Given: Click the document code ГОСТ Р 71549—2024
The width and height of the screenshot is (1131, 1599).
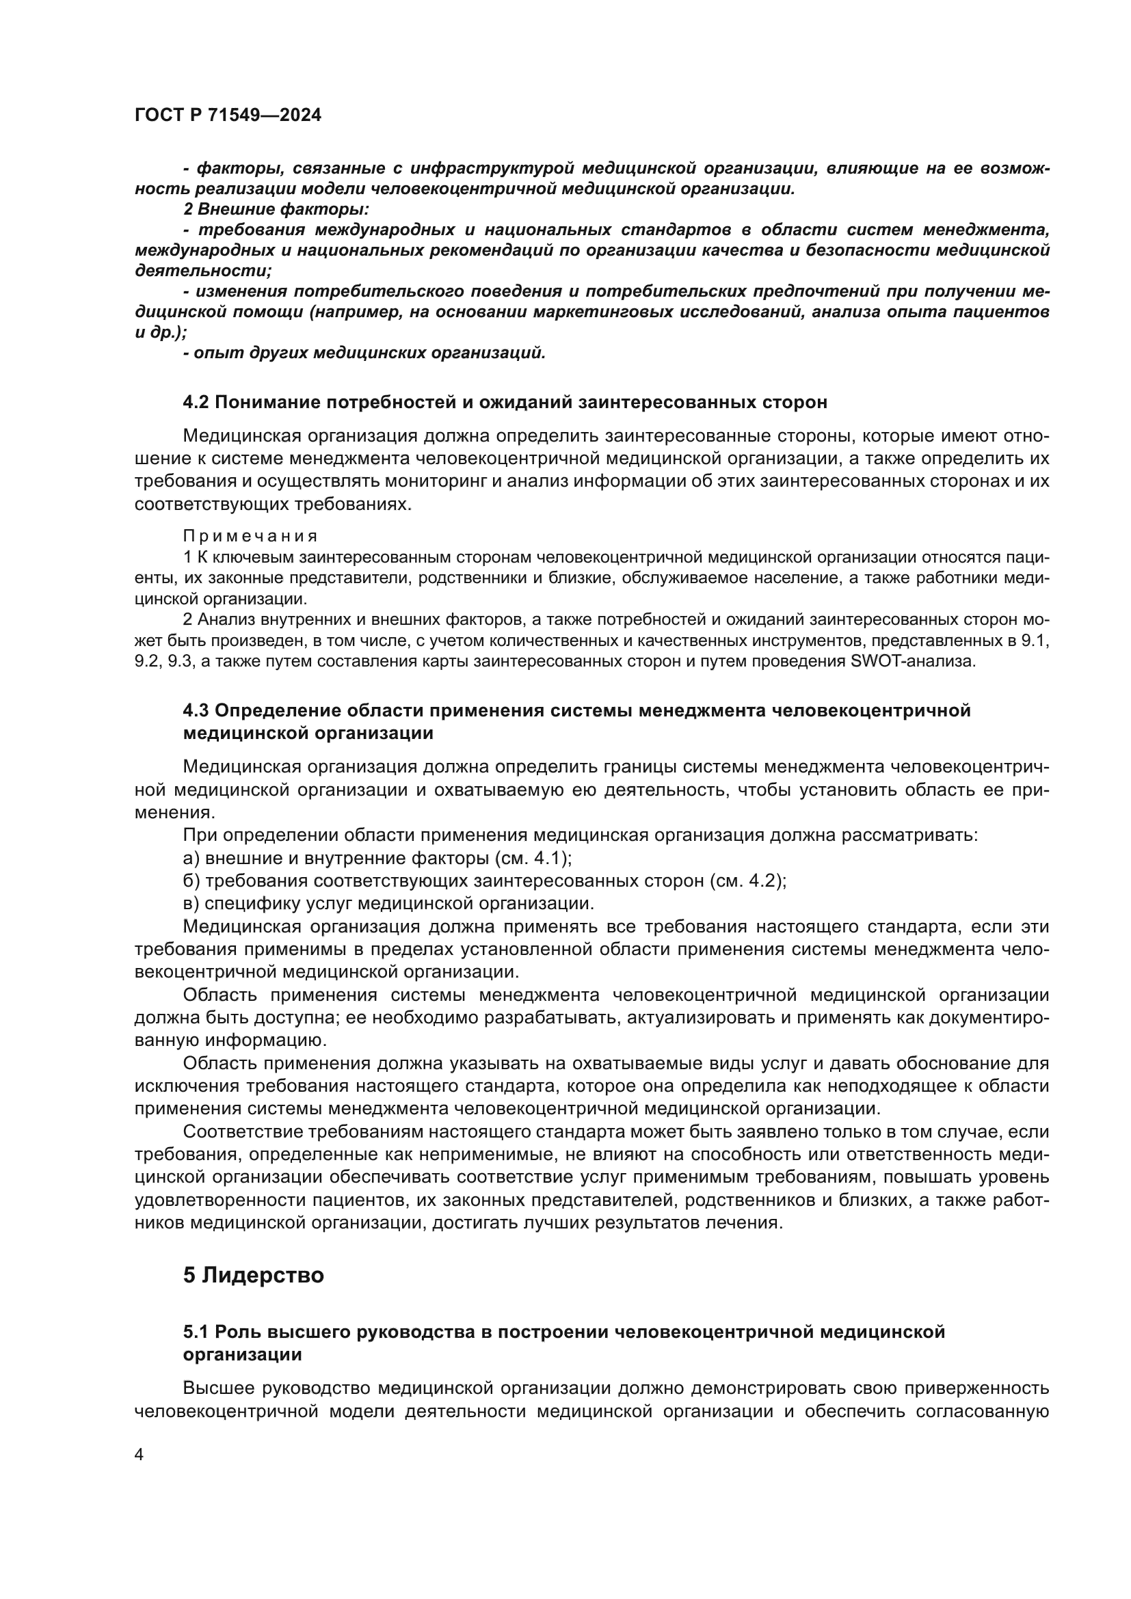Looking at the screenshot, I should [x=228, y=116].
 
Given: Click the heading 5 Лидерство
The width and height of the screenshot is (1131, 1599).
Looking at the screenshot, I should [x=254, y=1276].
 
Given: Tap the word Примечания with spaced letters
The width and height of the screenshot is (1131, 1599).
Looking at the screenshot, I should [x=251, y=536].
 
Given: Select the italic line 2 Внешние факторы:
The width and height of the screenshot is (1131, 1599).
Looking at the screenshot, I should [x=276, y=209].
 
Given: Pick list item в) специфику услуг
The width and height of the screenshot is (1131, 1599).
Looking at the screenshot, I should [x=388, y=904].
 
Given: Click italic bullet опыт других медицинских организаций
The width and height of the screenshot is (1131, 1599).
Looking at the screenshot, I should [x=364, y=353].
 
